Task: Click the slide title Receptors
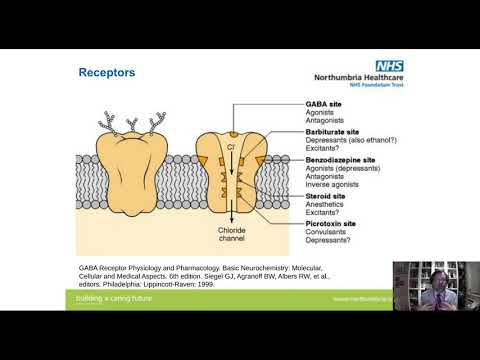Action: (107, 73)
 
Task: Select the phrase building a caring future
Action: (118, 298)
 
